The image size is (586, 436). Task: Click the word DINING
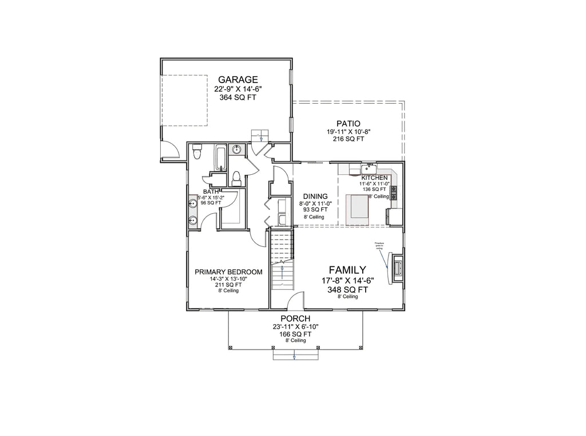pyautogui.click(x=315, y=195)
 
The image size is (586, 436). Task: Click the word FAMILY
pyautogui.click(x=347, y=269)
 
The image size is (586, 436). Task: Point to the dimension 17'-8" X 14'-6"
pyautogui.click(x=347, y=281)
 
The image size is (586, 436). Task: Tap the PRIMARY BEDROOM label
pyautogui.click(x=228, y=272)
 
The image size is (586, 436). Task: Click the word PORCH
pyautogui.click(x=295, y=318)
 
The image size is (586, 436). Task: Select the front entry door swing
pyautogui.click(x=295, y=303)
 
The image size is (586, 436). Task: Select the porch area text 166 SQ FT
pyautogui.click(x=295, y=333)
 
